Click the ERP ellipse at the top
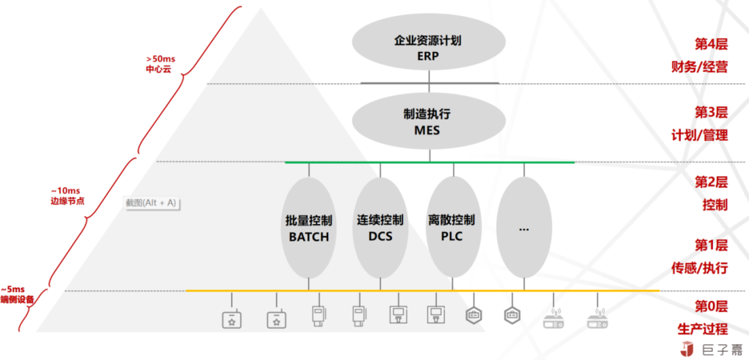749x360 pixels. (429, 47)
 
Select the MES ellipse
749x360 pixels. (429, 121)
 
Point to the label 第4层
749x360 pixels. (711, 44)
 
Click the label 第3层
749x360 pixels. (711, 112)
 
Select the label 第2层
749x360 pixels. (711, 182)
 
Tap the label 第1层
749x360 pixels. (711, 245)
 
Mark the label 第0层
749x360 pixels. (711, 307)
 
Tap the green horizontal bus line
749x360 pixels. (429, 162)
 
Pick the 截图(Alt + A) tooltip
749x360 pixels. (150, 203)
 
